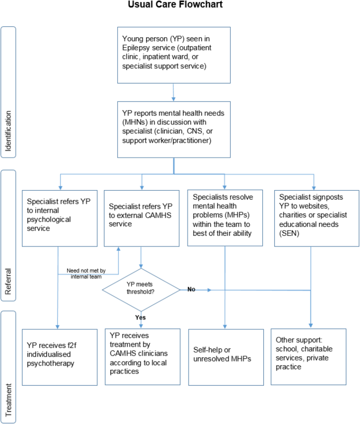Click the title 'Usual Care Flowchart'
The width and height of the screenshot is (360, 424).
click(175, 4)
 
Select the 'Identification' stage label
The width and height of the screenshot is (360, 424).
click(8, 131)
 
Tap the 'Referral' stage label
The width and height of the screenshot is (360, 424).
click(8, 282)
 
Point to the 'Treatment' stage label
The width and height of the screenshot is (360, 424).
click(8, 400)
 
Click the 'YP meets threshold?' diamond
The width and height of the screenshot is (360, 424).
click(141, 289)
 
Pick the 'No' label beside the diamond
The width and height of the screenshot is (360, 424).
click(191, 289)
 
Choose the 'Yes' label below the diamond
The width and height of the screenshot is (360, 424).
click(140, 317)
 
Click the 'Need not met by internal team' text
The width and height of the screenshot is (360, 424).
click(86, 273)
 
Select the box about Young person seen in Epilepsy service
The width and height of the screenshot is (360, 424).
click(174, 55)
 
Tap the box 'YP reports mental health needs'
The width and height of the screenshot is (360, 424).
click(174, 130)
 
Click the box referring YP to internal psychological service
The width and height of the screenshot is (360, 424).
click(60, 219)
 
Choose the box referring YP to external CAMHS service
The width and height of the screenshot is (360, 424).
click(142, 219)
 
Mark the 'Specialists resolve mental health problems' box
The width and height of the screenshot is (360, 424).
click(225, 218)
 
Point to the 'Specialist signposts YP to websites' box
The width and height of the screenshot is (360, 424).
click(317, 218)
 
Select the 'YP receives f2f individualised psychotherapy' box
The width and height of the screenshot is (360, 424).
click(60, 357)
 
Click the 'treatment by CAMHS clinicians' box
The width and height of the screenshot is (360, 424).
click(142, 357)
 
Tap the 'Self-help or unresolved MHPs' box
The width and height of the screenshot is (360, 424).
click(226, 357)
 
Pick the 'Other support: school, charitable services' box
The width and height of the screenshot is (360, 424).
click(308, 357)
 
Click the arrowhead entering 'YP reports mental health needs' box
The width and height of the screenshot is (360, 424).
click(173, 99)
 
